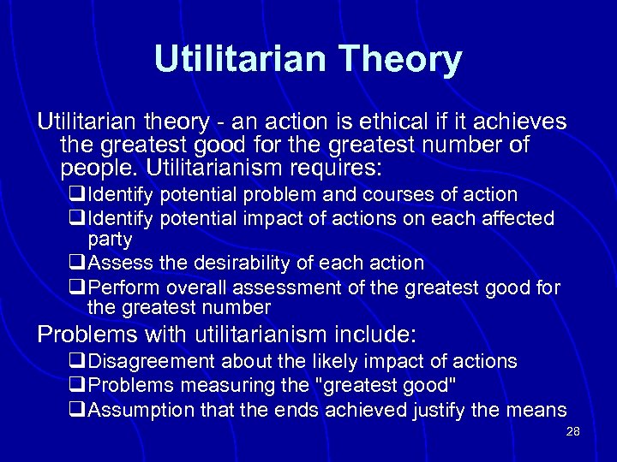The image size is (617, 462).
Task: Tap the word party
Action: coord(110,240)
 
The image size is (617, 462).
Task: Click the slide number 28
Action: coord(573,432)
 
